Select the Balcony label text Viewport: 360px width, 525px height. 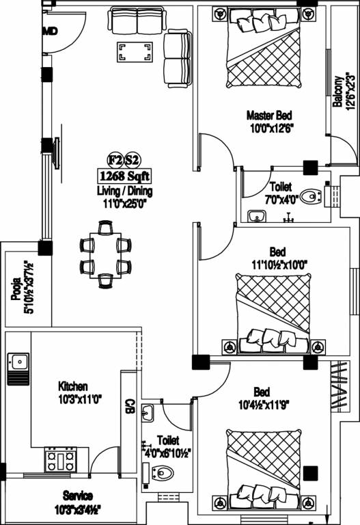337,92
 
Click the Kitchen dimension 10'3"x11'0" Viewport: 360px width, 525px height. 80,398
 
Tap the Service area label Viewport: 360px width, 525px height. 78,495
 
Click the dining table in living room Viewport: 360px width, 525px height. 105,254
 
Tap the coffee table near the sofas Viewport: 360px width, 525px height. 135,52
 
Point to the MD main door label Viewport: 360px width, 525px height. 50,31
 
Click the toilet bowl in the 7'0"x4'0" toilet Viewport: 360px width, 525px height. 311,197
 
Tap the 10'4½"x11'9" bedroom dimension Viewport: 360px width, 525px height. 262,404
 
